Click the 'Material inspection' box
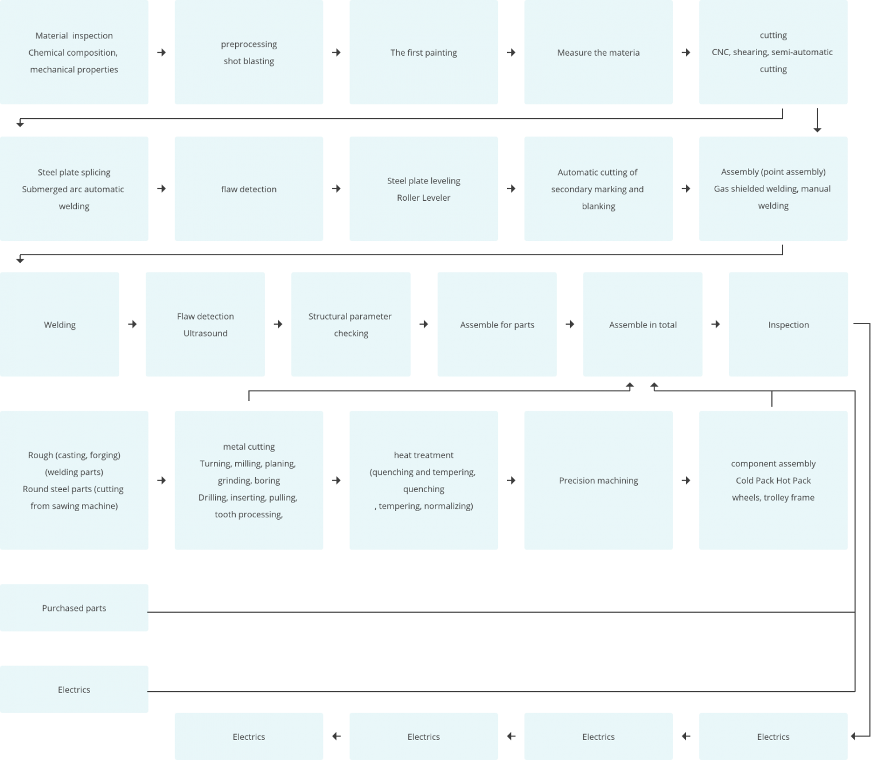click(x=74, y=52)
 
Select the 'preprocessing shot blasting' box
click(x=248, y=52)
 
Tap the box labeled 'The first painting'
click(x=423, y=52)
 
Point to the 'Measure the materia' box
click(x=598, y=52)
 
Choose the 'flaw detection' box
click(x=248, y=189)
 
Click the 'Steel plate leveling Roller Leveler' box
click(x=423, y=189)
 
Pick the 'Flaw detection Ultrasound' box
click(x=205, y=324)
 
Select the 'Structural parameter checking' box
click(x=350, y=324)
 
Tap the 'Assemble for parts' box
click(x=497, y=324)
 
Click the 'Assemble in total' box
click(x=642, y=324)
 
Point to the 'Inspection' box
click(x=788, y=324)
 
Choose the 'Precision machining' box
click(x=598, y=480)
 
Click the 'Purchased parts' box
click(x=74, y=608)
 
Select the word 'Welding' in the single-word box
click(x=60, y=325)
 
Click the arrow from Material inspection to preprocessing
click(x=162, y=53)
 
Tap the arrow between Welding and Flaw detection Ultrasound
click(x=132, y=325)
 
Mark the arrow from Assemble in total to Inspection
click(x=716, y=325)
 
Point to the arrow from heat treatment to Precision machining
click(x=511, y=481)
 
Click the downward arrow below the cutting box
click(x=817, y=120)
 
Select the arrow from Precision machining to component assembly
click(x=686, y=481)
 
